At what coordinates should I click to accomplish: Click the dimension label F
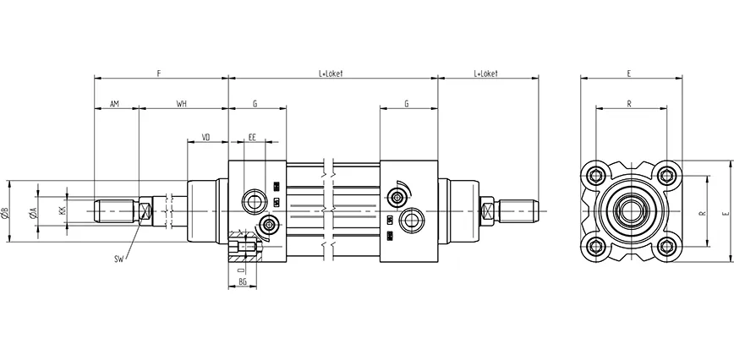pyautogui.click(x=159, y=74)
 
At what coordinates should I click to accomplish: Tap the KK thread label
pyautogui.click(x=62, y=210)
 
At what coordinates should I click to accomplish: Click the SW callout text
pyautogui.click(x=118, y=259)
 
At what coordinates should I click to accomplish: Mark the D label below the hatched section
pyautogui.click(x=241, y=269)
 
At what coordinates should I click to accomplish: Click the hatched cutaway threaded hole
pyautogui.click(x=244, y=249)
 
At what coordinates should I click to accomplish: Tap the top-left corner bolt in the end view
pyautogui.click(x=595, y=175)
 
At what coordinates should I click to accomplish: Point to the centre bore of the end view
pyautogui.click(x=632, y=210)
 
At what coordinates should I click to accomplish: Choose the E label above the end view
pyautogui.click(x=630, y=74)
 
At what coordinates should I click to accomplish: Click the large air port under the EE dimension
pyautogui.click(x=252, y=200)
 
